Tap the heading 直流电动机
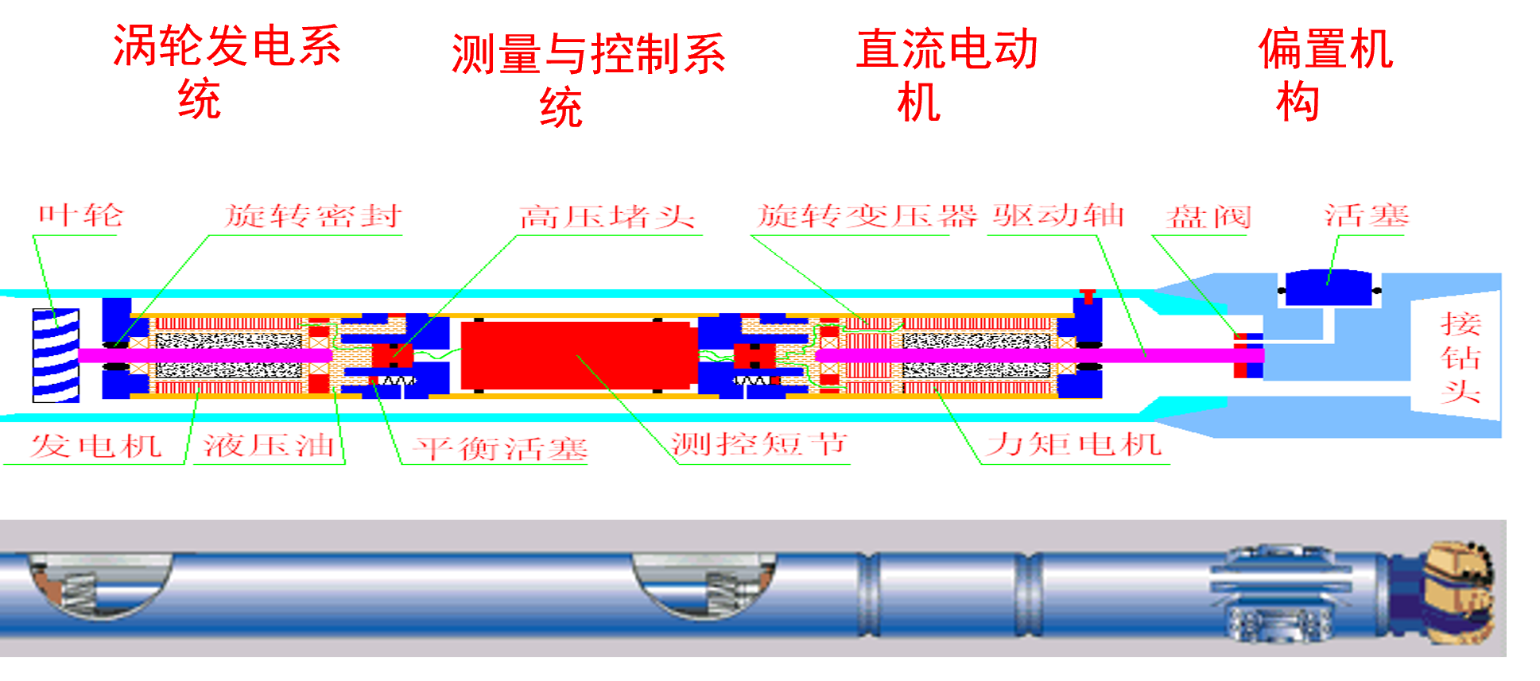point(946,73)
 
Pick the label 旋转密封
point(313,216)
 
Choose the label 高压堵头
point(607,217)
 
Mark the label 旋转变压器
point(867,216)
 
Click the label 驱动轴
point(1058,215)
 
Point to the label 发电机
point(96,445)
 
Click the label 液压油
point(269,445)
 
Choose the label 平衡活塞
point(501,449)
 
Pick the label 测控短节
point(759,444)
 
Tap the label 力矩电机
point(1074,444)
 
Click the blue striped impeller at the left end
point(56,355)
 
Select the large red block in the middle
point(579,355)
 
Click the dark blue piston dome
point(1329,287)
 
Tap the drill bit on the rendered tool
point(1459,592)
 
